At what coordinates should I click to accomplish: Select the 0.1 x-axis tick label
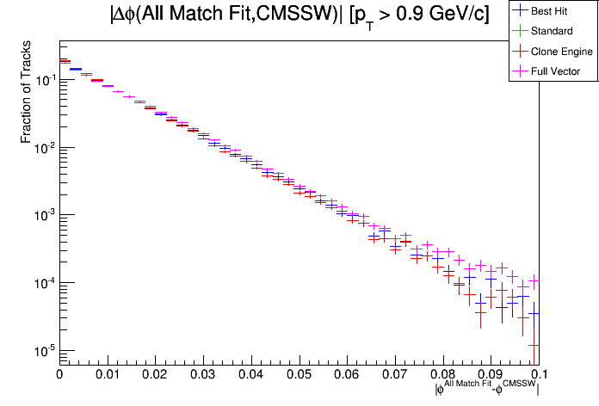(x=537, y=375)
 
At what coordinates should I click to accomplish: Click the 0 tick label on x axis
(x=59, y=375)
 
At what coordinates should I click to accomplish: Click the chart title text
(x=299, y=15)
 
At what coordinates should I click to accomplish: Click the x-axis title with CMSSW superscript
(x=487, y=389)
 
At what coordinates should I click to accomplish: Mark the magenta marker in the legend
(x=519, y=71)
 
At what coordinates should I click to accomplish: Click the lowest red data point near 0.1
(x=534, y=345)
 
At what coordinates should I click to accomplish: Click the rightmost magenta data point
(x=534, y=280)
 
